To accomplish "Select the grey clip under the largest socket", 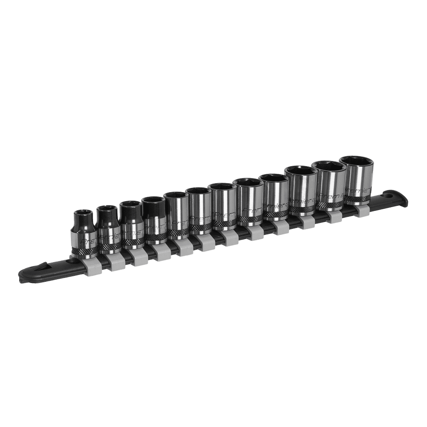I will pos(362,210).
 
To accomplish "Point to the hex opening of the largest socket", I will pos(358,162).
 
